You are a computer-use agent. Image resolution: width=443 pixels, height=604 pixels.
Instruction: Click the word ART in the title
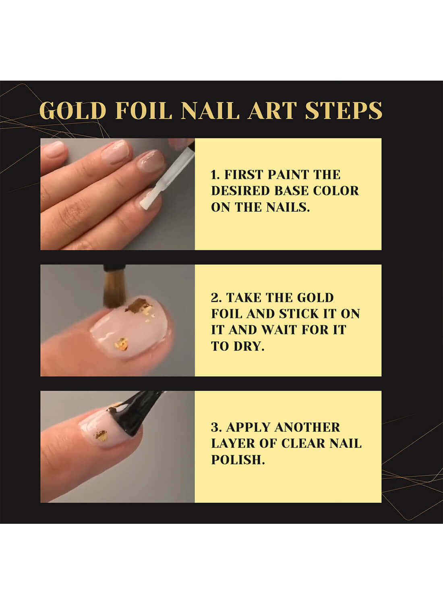pyautogui.click(x=272, y=111)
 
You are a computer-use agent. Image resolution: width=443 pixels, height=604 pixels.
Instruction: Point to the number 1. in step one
pyautogui.click(x=215, y=175)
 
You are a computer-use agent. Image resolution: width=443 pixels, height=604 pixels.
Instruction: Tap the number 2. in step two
pyautogui.click(x=216, y=298)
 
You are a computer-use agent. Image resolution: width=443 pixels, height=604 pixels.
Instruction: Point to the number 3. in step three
pyautogui.click(x=216, y=427)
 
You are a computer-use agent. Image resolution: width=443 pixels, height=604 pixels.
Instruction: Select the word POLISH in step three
pyautogui.click(x=238, y=459)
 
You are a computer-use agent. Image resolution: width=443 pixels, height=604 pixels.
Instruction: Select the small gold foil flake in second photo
pyautogui.click(x=122, y=344)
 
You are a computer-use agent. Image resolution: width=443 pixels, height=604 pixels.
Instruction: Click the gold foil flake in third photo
pyautogui.click(x=101, y=436)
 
